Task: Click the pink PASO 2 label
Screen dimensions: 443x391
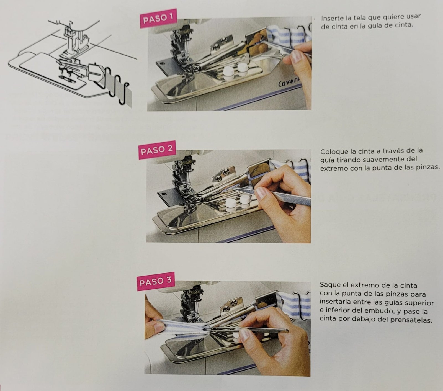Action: (x=157, y=150)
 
